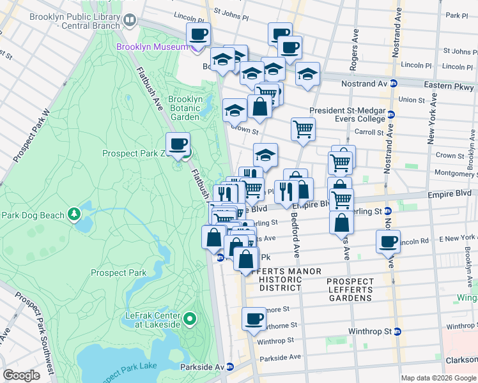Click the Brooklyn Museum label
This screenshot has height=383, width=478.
click(x=152, y=47)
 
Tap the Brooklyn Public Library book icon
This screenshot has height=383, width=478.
click(x=130, y=21)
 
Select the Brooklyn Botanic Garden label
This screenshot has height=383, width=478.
click(x=185, y=108)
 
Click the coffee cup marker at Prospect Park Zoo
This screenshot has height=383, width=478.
click(x=178, y=144)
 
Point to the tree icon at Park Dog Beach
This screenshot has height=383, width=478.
click(x=75, y=212)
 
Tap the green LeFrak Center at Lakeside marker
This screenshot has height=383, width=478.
click(x=189, y=318)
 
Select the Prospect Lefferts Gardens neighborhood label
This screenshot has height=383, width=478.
click(x=350, y=290)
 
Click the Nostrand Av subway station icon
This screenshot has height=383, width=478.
click(x=394, y=84)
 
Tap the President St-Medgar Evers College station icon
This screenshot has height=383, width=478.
click(x=390, y=114)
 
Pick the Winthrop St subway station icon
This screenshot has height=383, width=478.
click(x=397, y=331)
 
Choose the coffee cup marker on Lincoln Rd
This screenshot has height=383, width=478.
click(x=388, y=242)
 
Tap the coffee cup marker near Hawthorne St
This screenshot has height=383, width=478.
click(x=254, y=319)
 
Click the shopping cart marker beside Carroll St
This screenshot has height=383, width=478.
click(x=303, y=130)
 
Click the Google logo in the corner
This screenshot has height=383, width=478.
click(x=20, y=375)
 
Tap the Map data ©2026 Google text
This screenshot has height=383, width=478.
click(x=438, y=378)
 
